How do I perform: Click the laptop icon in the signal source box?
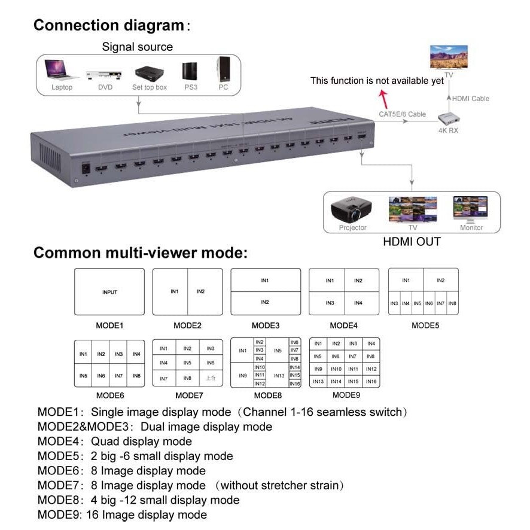coord(61,71)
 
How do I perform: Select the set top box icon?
coord(149,74)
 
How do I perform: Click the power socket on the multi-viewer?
coord(86,167)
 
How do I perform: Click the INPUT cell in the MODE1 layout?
coord(109,292)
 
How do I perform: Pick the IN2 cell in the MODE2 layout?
coord(201,291)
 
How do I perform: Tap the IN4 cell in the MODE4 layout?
coord(358,303)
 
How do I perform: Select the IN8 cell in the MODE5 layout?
coord(452,304)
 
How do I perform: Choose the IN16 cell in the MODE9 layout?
coord(371,382)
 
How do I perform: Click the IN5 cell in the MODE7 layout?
coord(187,363)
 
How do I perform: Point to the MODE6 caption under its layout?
coord(109,396)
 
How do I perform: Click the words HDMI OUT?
coord(412,242)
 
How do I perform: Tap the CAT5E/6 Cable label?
coord(402,114)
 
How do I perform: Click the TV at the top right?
coord(449,59)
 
